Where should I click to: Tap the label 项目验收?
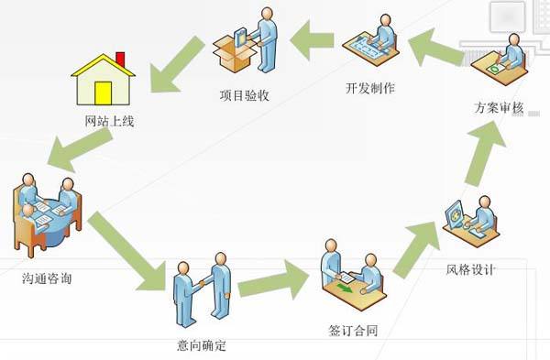point(242,93)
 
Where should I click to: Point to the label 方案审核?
point(499,108)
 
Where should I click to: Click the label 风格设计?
point(470,269)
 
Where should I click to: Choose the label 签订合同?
point(351,326)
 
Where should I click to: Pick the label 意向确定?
point(201,345)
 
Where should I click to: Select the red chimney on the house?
point(120,60)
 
